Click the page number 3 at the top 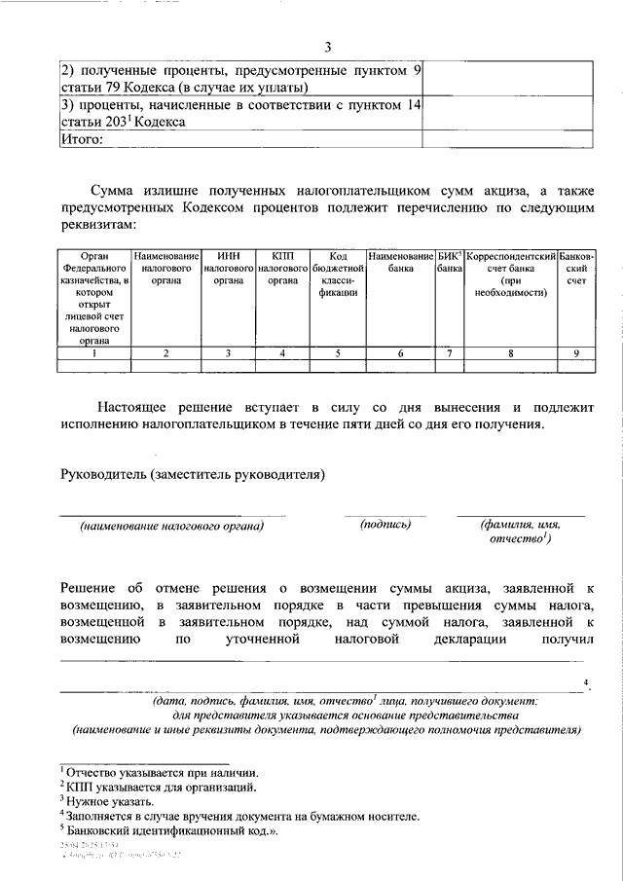pyautogui.click(x=328, y=48)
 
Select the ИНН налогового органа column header pyautogui.click(x=229, y=266)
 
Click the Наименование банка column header pyautogui.click(x=400, y=260)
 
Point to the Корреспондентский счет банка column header pyautogui.click(x=510, y=272)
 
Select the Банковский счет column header pyautogui.click(x=576, y=266)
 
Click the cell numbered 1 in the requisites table pyautogui.click(x=93, y=353)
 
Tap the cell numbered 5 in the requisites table pyautogui.click(x=338, y=353)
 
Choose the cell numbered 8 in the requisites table pyautogui.click(x=510, y=353)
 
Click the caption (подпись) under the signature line pyautogui.click(x=385, y=525)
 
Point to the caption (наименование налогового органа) pyautogui.click(x=172, y=527)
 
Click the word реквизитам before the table pyautogui.click(x=93, y=224)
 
